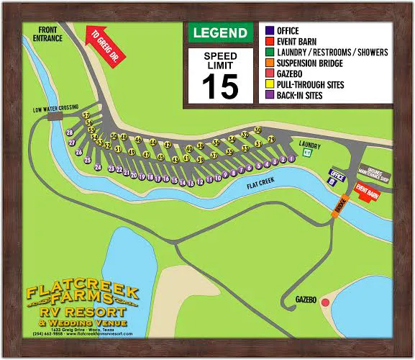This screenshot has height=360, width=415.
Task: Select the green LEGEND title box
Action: tap(219, 32)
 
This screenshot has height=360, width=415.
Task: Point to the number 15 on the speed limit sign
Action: tap(219, 86)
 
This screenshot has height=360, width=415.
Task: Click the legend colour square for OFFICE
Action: tap(269, 31)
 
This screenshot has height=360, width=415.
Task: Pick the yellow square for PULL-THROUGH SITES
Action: tap(269, 84)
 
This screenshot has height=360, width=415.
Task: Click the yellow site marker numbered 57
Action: tap(86, 115)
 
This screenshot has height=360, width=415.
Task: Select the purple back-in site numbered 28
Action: tap(70, 133)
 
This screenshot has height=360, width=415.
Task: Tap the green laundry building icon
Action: tap(306, 153)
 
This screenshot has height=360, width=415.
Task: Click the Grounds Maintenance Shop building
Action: tap(373, 174)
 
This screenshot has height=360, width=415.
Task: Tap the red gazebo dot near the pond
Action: tap(325, 302)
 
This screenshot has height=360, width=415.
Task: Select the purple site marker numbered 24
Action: tap(98, 166)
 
